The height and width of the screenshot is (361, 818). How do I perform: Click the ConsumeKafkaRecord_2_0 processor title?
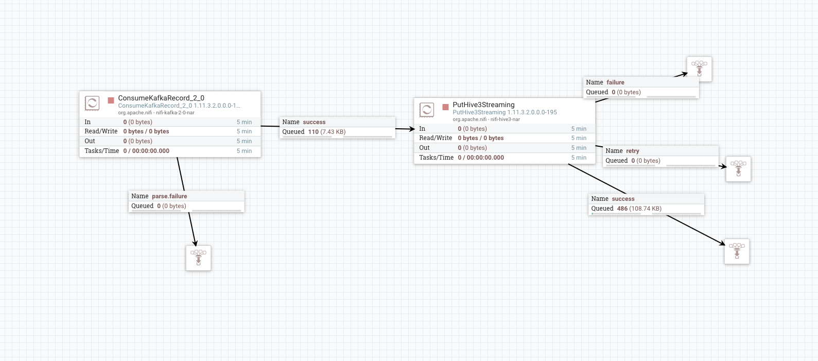[x=161, y=98]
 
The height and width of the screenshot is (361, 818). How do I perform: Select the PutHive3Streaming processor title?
[x=483, y=105]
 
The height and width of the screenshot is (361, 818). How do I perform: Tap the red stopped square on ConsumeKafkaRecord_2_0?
[x=111, y=100]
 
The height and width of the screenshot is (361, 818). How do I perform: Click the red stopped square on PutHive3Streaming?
[x=445, y=107]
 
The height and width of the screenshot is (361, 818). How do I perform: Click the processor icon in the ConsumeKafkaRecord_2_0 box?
[x=92, y=103]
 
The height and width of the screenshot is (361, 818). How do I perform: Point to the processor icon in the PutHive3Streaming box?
[x=427, y=110]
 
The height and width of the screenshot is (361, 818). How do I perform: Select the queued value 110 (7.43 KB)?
[x=326, y=132]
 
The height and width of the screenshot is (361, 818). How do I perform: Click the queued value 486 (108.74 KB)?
[x=639, y=209]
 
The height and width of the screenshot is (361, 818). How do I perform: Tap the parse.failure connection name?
[x=169, y=196]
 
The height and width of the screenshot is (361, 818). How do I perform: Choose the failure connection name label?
[x=615, y=82]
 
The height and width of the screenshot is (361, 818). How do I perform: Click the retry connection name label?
[x=633, y=151]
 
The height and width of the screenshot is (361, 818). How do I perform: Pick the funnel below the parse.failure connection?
[x=198, y=257]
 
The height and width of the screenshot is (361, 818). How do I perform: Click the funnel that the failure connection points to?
[x=699, y=69]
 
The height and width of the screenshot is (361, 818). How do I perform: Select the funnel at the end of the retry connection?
[x=738, y=169]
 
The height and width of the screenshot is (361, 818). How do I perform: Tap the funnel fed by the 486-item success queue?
[x=737, y=251]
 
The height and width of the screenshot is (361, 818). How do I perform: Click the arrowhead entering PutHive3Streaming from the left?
[x=411, y=129]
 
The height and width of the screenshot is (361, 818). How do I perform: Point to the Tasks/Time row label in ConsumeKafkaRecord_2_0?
[x=101, y=151]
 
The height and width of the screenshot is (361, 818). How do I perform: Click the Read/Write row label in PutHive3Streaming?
[x=436, y=138]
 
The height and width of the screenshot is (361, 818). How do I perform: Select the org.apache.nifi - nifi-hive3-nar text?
[x=486, y=119]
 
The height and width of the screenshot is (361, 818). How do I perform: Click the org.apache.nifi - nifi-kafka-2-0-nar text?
[x=156, y=113]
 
